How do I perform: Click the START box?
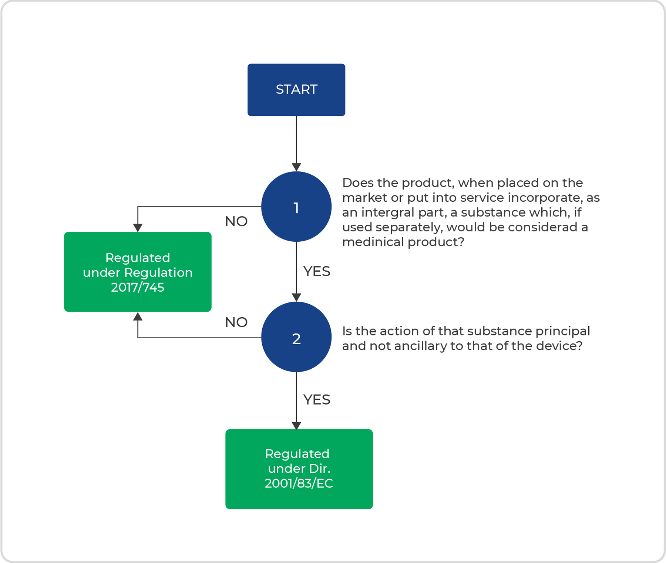pyautogui.click(x=296, y=90)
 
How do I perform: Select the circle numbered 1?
pyautogui.click(x=296, y=207)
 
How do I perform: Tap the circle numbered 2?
pyautogui.click(x=296, y=337)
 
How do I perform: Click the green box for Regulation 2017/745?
pyautogui.click(x=138, y=272)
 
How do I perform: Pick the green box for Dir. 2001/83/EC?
pyautogui.click(x=299, y=469)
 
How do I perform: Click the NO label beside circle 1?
pyautogui.click(x=236, y=221)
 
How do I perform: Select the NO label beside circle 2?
pyautogui.click(x=236, y=322)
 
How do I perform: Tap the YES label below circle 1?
pyautogui.click(x=317, y=271)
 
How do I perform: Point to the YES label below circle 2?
pyautogui.click(x=317, y=400)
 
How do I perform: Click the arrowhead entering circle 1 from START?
pyautogui.click(x=296, y=167)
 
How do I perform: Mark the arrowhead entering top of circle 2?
pyautogui.click(x=296, y=297)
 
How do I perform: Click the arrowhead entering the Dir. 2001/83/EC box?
pyautogui.click(x=296, y=425)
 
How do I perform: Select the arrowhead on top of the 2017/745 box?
pyautogui.click(x=138, y=228)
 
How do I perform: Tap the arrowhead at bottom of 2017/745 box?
pyautogui.click(x=138, y=316)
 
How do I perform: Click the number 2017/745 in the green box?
pyautogui.click(x=138, y=287)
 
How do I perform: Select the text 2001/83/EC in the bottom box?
pyautogui.click(x=299, y=483)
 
